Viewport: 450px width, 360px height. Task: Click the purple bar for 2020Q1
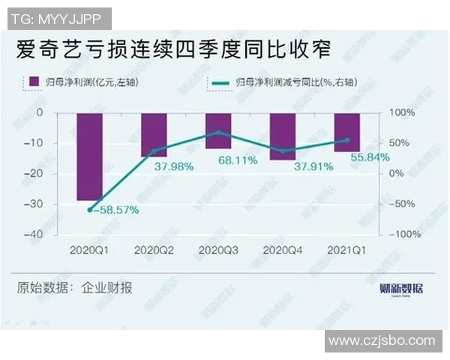(90, 156)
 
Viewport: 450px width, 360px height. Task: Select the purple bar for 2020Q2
(154, 134)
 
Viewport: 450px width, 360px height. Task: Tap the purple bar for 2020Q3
(218, 130)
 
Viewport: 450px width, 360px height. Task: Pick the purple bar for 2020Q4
(283, 136)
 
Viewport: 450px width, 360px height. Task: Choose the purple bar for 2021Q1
(346, 132)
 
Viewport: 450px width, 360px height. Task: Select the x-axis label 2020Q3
(218, 249)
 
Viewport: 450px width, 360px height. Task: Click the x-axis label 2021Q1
(346, 249)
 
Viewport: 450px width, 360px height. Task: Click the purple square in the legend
(33, 80)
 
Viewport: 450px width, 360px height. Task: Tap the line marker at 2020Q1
(90, 210)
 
